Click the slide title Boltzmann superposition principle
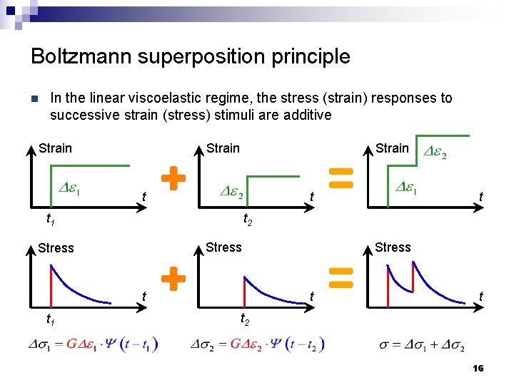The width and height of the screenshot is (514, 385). pyautogui.click(x=191, y=56)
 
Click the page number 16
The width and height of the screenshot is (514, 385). pyautogui.click(x=478, y=368)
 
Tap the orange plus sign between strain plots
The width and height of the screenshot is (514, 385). pyautogui.click(x=173, y=177)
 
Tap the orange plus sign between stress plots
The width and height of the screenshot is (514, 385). pyautogui.click(x=173, y=279)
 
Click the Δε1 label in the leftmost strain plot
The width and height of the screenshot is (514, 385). pyautogui.click(x=69, y=189)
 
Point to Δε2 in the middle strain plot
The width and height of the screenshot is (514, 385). pyautogui.click(x=231, y=193)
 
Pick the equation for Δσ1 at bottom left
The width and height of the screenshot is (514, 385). pyautogui.click(x=93, y=344)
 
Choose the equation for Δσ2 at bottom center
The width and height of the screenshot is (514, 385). pyautogui.click(x=257, y=344)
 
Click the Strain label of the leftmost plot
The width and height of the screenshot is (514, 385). pyautogui.click(x=55, y=148)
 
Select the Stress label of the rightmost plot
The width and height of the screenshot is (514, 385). pyautogui.click(x=393, y=247)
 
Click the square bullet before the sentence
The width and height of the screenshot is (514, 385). pyautogui.click(x=33, y=98)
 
